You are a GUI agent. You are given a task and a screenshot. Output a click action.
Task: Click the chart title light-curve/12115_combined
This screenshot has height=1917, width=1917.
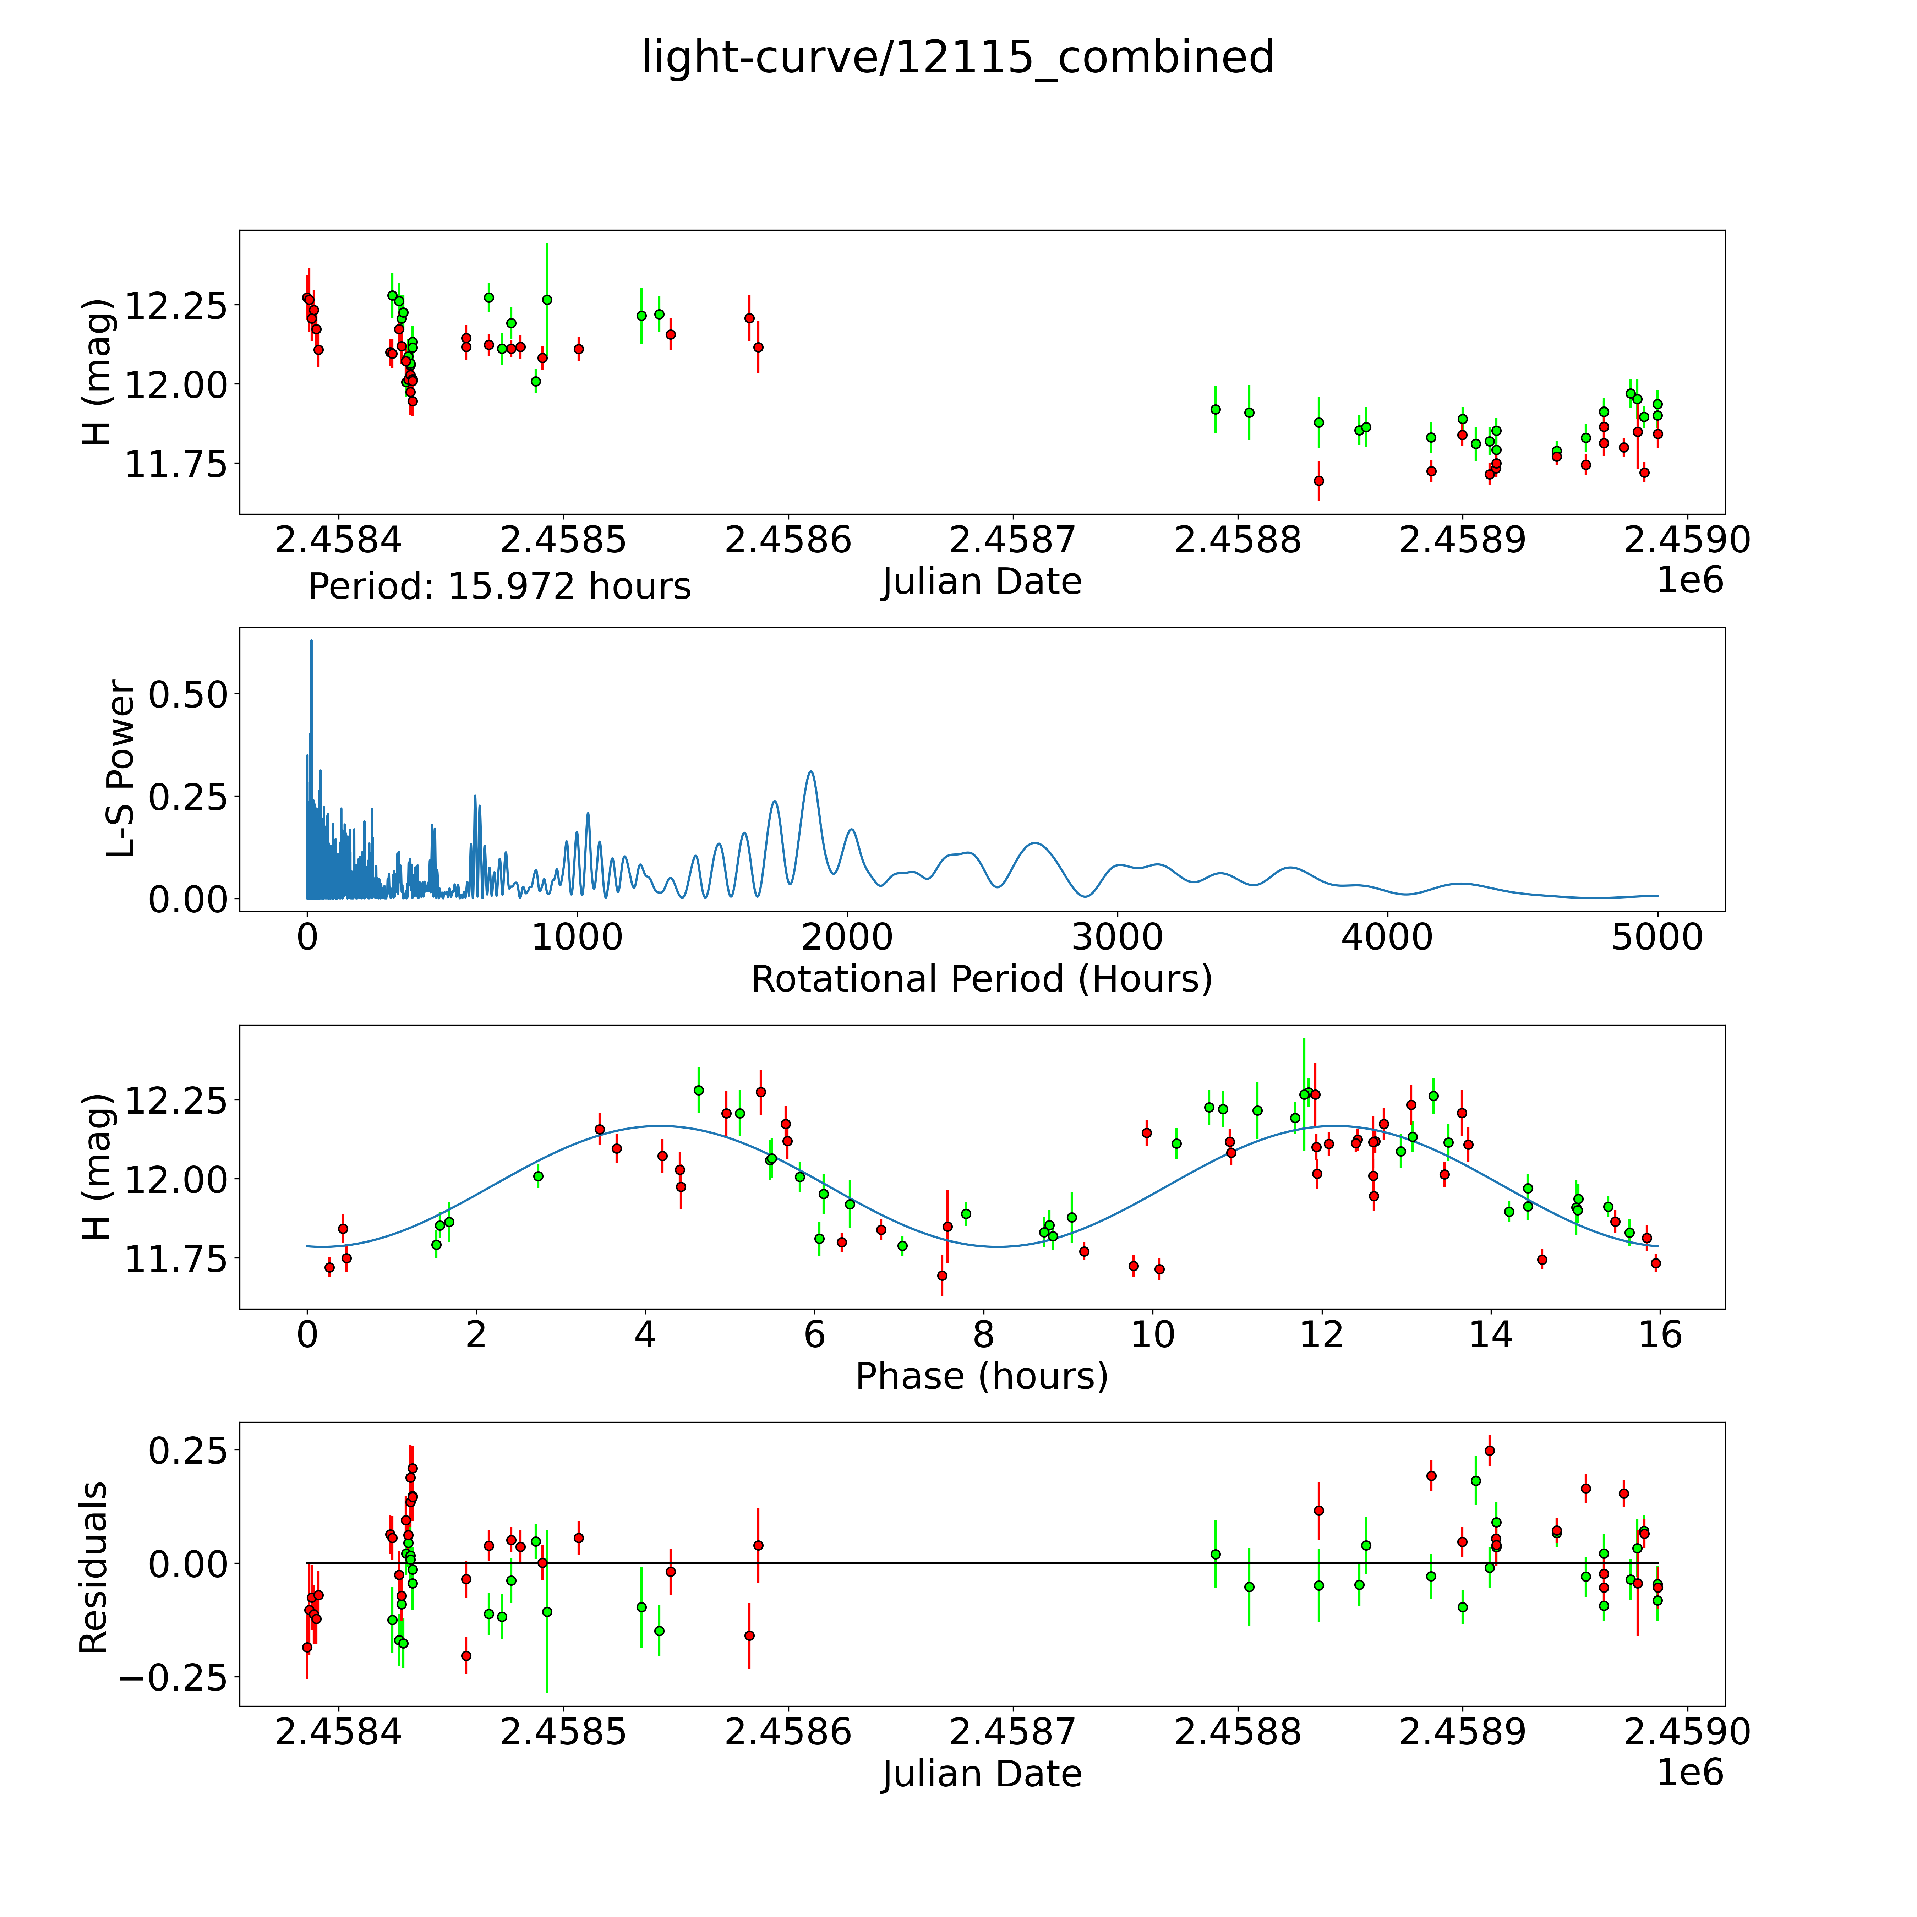[957, 58]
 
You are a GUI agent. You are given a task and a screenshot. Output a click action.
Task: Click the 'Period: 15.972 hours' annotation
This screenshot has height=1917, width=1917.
[499, 586]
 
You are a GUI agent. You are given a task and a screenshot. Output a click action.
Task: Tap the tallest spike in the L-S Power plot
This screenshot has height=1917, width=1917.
[311, 642]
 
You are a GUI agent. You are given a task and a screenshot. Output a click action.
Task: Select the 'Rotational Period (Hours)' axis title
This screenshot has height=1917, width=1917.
[981, 979]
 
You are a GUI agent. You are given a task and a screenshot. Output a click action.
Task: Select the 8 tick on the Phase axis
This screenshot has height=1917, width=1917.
[983, 1334]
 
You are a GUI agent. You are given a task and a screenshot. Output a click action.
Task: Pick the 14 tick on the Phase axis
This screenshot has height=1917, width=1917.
[1490, 1334]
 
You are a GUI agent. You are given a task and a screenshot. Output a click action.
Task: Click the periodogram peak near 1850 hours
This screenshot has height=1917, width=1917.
[811, 772]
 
